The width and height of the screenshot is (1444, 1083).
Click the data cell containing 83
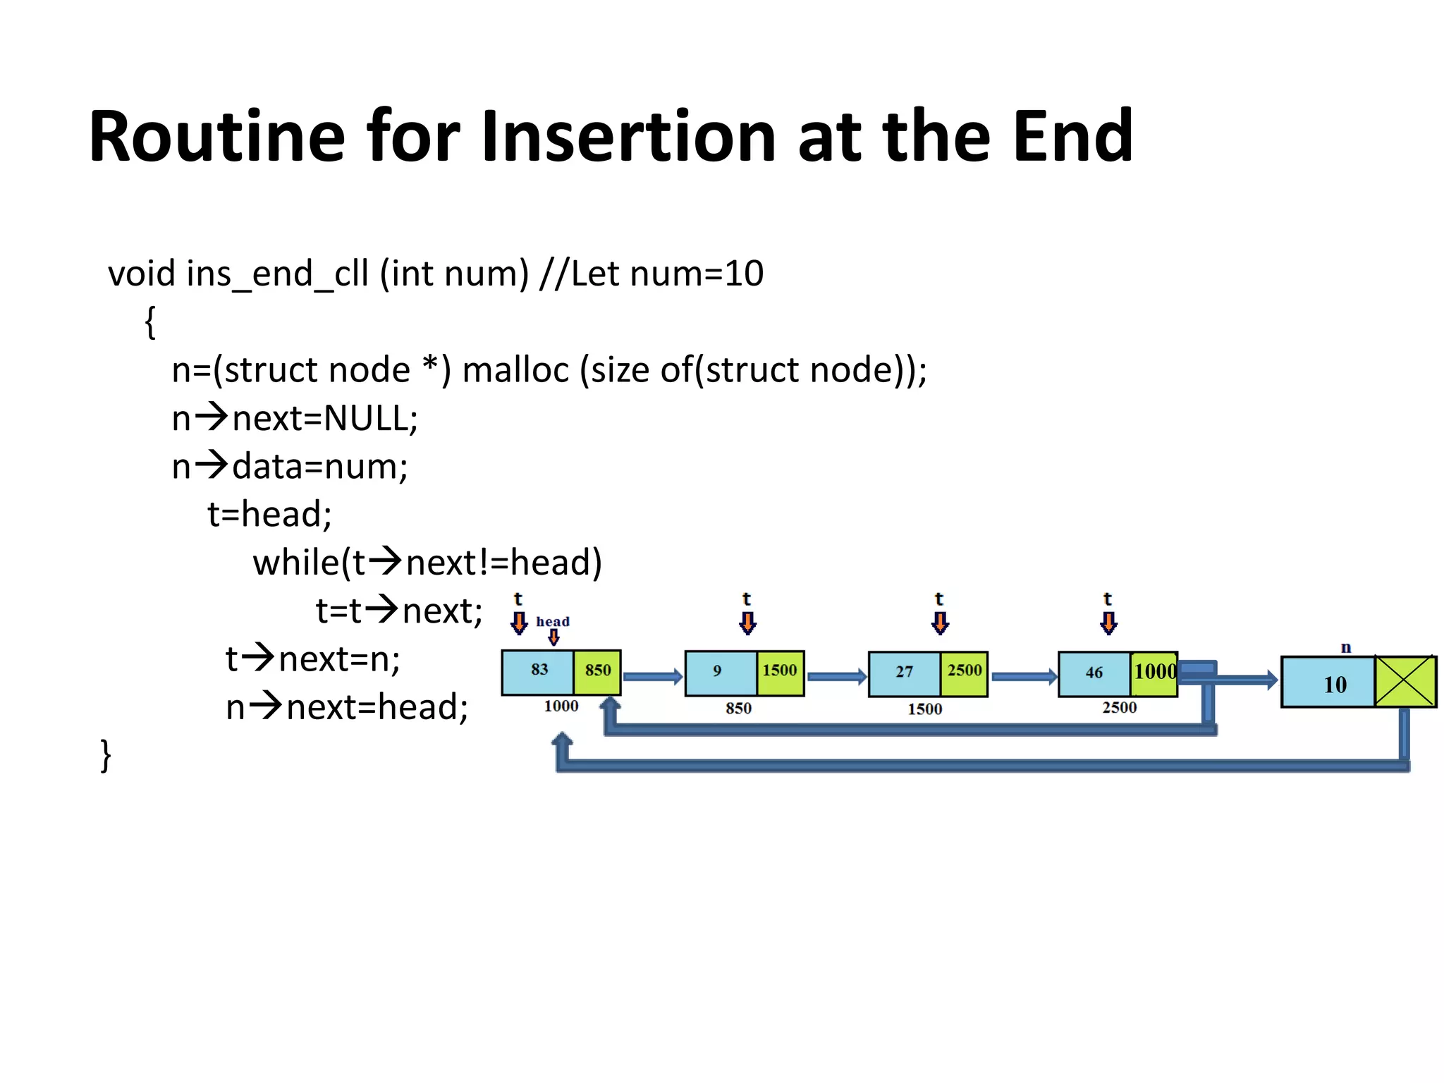[539, 671]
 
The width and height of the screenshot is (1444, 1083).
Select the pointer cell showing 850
[597, 671]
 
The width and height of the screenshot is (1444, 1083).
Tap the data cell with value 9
[719, 672]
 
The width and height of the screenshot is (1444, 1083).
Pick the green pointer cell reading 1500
[780, 672]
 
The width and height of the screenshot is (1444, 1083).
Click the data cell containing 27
[904, 673]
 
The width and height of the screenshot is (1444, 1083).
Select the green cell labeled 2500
[964, 672]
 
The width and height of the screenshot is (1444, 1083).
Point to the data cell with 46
[1094, 673]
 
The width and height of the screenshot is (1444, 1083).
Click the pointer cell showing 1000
[1154, 673]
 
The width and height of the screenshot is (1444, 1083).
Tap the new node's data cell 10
[1328, 683]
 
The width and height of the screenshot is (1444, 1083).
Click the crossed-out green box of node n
[1405, 681]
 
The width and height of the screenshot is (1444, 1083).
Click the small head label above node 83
[552, 622]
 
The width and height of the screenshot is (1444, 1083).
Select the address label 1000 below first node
[561, 706]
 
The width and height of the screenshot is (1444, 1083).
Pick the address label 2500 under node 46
[1119, 708]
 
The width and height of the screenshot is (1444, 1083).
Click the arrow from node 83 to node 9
[652, 677]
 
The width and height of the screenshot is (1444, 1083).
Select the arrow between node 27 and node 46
[1023, 677]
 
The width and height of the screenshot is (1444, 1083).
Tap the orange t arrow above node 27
[940, 622]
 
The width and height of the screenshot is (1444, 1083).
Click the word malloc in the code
[515, 370]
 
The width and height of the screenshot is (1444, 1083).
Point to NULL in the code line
[366, 419]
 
